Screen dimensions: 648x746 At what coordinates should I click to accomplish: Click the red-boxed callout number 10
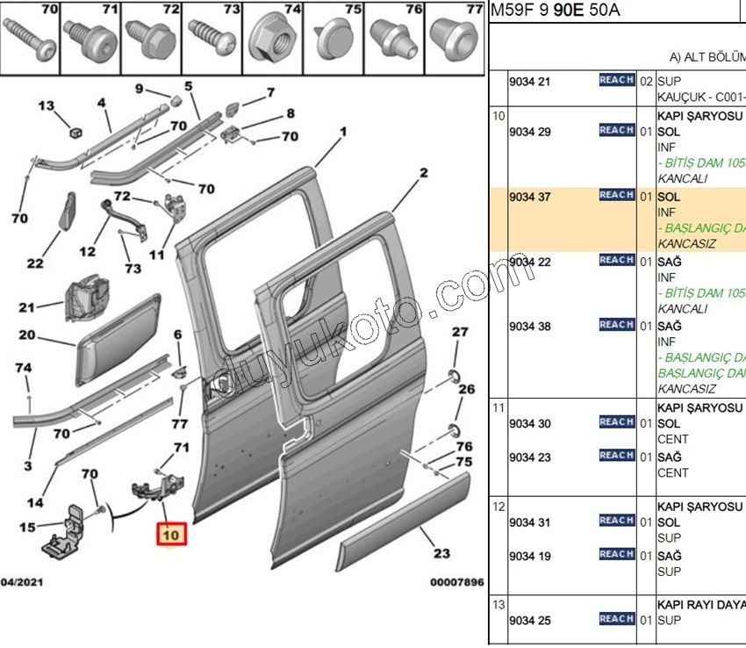coord(170,534)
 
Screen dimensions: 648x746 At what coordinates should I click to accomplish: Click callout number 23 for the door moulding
coord(441,554)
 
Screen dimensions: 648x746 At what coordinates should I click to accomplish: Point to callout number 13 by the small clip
coord(47,105)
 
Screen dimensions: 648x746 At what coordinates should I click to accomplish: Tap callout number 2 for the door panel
coord(424,173)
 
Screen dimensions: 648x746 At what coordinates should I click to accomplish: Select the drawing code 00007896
coord(456,582)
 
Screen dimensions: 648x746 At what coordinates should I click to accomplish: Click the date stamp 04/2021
coord(24,582)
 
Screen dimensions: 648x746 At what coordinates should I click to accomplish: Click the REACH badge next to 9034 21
coord(616,80)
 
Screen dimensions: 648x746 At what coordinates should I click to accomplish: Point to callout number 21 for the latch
coord(26,307)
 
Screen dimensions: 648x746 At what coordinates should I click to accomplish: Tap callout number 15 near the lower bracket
coord(27,527)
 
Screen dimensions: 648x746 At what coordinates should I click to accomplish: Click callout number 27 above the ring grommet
coord(461,332)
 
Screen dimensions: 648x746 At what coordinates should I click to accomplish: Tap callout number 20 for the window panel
coord(26,335)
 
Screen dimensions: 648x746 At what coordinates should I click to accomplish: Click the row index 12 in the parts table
coord(498,506)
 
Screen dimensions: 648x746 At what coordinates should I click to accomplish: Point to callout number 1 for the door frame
coord(343,132)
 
